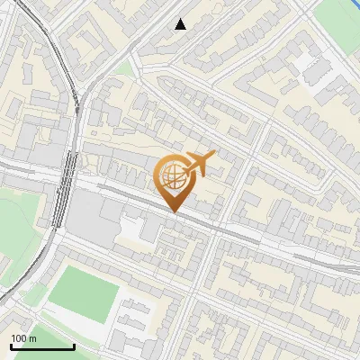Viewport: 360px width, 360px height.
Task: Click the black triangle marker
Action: pos(181,24)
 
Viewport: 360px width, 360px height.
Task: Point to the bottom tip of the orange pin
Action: pos(174,212)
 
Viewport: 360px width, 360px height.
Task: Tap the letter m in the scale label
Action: pos(33,338)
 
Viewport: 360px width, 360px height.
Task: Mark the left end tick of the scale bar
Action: pos(11,346)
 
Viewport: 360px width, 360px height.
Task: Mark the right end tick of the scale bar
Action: pos(74,346)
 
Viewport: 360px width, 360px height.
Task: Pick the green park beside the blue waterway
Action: pos(346,11)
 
